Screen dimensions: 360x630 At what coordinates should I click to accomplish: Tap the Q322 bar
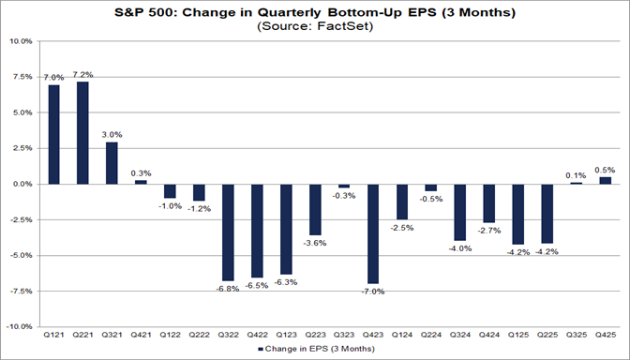click(x=228, y=232)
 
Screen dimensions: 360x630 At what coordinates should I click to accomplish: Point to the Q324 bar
click(x=459, y=212)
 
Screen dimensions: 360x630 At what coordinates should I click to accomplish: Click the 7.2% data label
click(x=83, y=73)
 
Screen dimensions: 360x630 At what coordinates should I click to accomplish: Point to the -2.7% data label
click(x=488, y=230)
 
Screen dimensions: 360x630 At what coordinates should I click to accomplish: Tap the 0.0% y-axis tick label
click(x=22, y=184)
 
